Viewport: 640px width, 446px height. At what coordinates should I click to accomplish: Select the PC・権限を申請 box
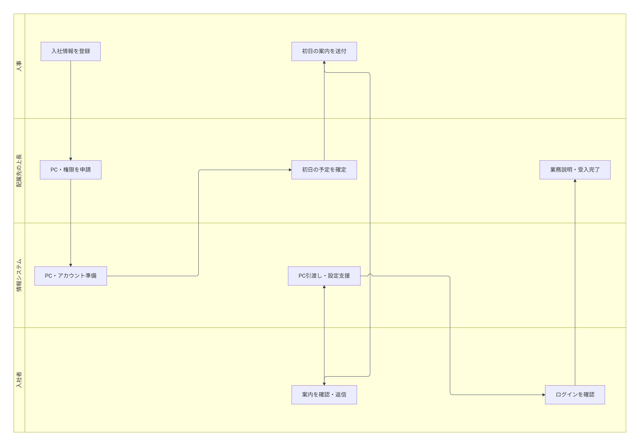(x=71, y=170)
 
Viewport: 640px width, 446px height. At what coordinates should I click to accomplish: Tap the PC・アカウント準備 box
(x=71, y=276)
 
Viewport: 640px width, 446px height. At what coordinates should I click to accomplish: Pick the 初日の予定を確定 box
(x=324, y=170)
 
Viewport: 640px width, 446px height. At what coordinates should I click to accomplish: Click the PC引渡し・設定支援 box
(x=324, y=276)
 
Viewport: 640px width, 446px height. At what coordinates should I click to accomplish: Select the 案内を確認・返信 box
(x=324, y=395)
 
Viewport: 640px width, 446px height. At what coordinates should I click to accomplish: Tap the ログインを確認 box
(x=575, y=395)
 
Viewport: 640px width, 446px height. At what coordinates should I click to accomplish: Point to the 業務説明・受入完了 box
(x=575, y=170)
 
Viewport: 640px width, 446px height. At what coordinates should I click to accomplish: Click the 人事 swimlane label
(x=19, y=66)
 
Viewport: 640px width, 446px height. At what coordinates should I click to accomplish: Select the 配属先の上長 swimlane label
(x=19, y=171)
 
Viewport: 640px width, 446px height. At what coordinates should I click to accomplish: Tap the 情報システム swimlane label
(x=19, y=275)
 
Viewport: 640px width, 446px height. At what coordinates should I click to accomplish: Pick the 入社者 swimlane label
(x=19, y=380)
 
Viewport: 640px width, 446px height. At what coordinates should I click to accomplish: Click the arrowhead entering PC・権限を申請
(x=71, y=159)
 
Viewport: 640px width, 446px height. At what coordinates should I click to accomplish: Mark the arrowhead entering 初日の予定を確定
(x=290, y=170)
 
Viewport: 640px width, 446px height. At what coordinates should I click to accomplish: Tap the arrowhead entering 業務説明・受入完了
(x=575, y=181)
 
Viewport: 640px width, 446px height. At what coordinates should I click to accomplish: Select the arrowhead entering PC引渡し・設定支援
(x=324, y=287)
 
